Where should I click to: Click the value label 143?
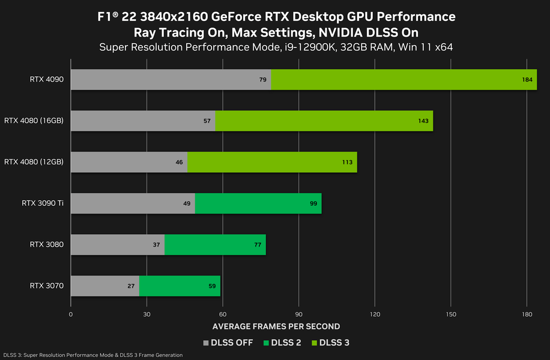[x=423, y=121]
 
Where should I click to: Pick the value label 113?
[x=348, y=162]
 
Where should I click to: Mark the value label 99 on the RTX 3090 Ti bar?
[x=313, y=203]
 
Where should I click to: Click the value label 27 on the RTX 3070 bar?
[x=131, y=286]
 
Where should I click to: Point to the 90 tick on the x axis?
[x=298, y=314]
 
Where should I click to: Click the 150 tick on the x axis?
[x=450, y=314]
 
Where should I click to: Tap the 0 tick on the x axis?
[x=71, y=314]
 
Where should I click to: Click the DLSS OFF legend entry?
[x=228, y=343]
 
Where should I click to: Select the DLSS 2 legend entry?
[x=282, y=343]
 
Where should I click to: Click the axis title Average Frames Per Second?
[x=276, y=326]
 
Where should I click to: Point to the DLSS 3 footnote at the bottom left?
[x=92, y=355]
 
